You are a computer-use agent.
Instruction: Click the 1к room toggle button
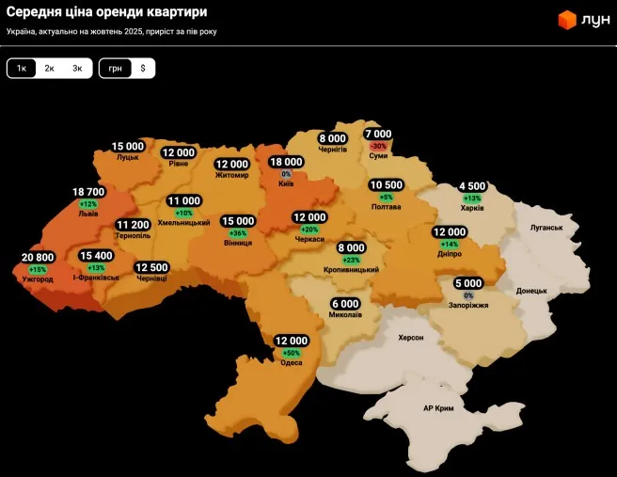point(22,69)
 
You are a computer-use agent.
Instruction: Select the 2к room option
point(49,69)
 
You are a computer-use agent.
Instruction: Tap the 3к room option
point(77,69)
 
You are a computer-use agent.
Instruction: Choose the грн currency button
point(116,69)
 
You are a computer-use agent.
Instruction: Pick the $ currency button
point(143,69)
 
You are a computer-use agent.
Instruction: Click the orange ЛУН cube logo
point(567,20)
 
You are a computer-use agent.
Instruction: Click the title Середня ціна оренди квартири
point(107,12)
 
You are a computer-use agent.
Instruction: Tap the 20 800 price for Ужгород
point(38,257)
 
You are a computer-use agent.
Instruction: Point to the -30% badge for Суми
point(379,147)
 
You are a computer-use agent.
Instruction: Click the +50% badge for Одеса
point(292,353)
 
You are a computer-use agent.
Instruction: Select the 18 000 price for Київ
point(286,162)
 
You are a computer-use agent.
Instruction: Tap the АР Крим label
point(438,408)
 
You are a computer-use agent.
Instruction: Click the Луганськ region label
point(546,228)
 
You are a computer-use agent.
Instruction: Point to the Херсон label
point(411,337)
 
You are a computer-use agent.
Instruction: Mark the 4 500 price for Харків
point(472,186)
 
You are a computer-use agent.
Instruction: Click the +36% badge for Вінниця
point(238,233)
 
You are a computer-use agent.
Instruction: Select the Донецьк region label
point(531,291)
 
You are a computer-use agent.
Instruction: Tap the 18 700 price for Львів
point(88,191)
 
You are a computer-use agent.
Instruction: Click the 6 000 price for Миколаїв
point(345,303)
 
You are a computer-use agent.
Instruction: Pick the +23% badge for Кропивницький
point(352,260)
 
